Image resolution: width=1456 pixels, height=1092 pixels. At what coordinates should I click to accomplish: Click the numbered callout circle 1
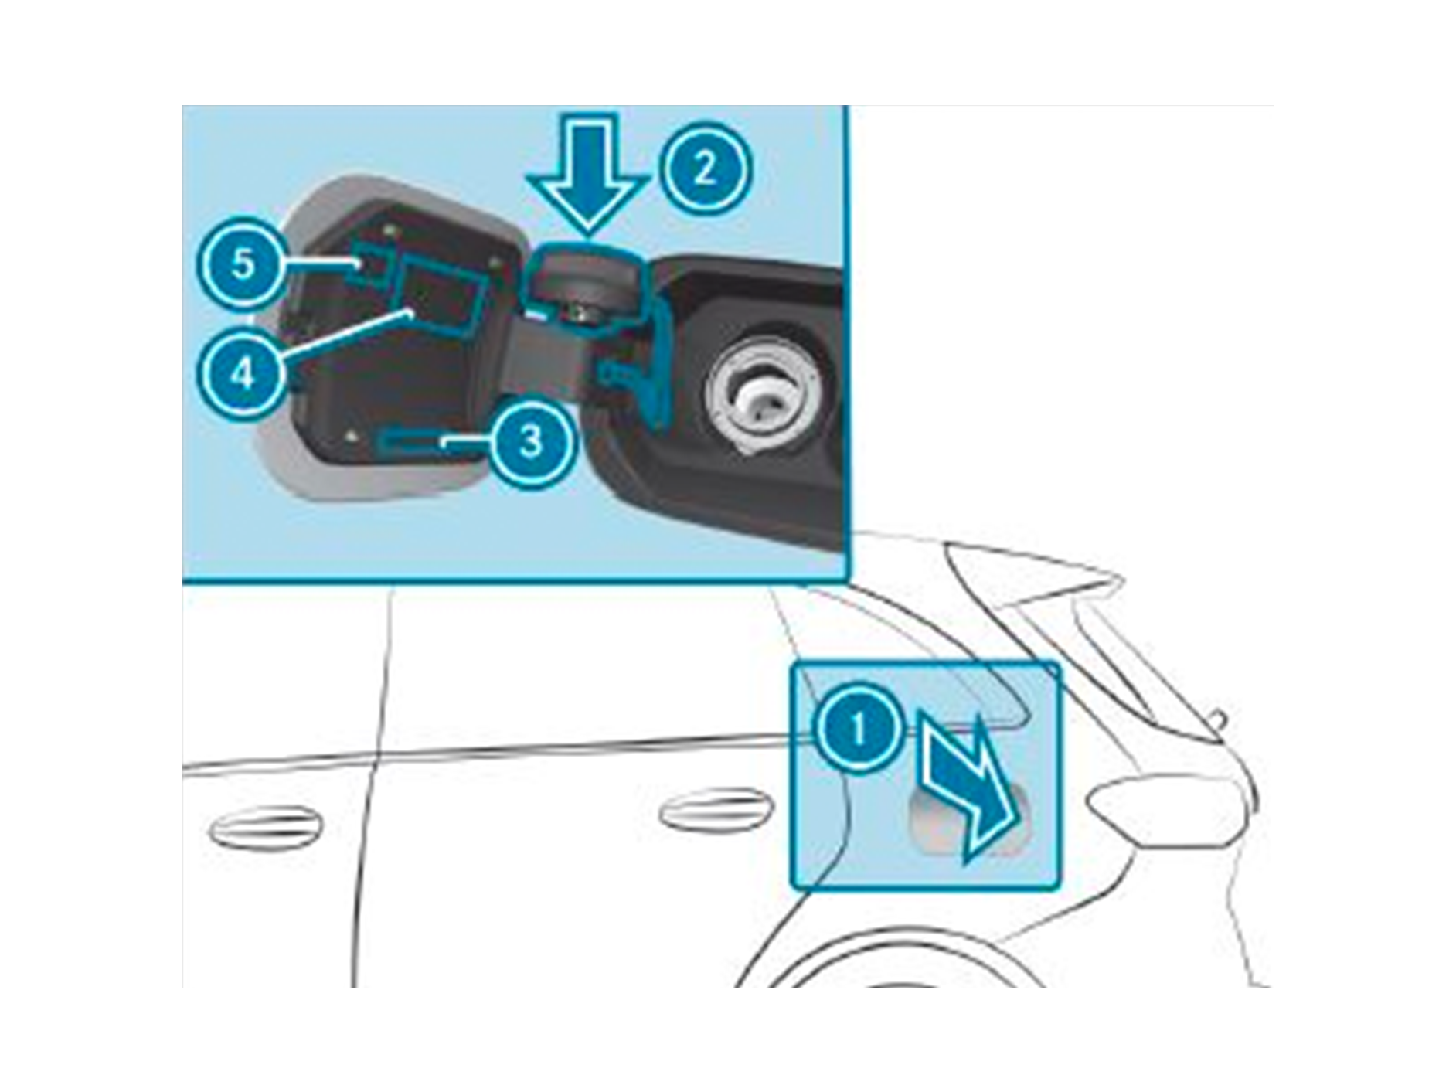[858, 728]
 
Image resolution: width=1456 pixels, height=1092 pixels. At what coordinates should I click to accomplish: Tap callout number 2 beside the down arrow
[705, 168]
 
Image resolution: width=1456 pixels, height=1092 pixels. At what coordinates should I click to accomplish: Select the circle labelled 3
[532, 441]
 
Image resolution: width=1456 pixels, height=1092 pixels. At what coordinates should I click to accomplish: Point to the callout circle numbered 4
[243, 375]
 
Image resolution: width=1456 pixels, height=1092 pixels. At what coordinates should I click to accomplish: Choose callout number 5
[243, 264]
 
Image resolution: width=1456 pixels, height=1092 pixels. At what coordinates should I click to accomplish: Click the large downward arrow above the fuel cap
[589, 173]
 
